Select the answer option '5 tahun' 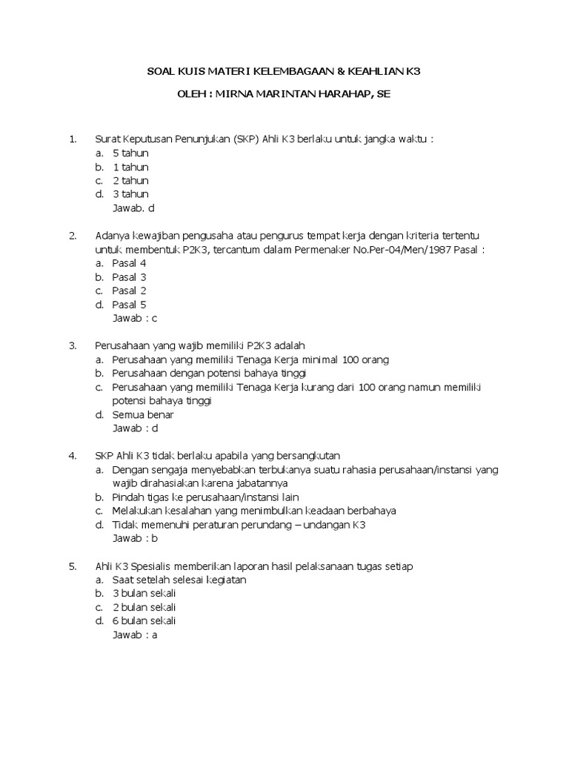click(x=130, y=153)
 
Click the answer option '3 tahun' click(x=130, y=194)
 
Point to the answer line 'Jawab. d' click(x=133, y=208)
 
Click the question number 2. click(x=73, y=236)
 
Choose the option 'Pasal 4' click(x=129, y=263)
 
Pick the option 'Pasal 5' click(x=129, y=304)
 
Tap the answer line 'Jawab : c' click(x=135, y=318)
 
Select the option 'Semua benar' click(x=143, y=414)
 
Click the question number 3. click(x=73, y=345)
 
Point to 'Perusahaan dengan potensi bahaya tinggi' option click(x=209, y=373)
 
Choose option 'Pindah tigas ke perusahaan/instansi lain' click(x=205, y=497)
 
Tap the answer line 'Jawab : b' click(x=135, y=538)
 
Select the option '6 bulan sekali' click(x=144, y=621)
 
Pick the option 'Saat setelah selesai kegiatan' click(x=179, y=580)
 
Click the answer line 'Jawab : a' click(x=135, y=635)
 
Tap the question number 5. click(x=73, y=566)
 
